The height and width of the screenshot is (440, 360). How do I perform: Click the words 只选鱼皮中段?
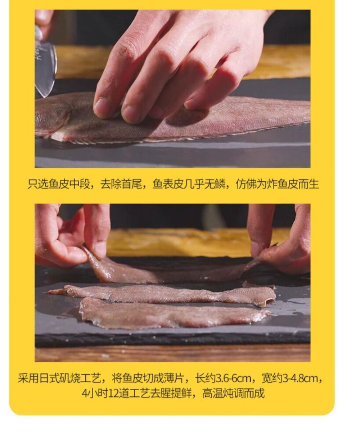click(59, 184)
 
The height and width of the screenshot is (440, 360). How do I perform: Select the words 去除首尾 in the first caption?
click(121, 184)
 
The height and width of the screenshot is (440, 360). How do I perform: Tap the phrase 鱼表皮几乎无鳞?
click(189, 184)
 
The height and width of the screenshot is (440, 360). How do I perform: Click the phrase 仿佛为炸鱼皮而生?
click(277, 184)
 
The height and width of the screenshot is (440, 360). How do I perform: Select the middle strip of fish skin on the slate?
click(163, 294)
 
